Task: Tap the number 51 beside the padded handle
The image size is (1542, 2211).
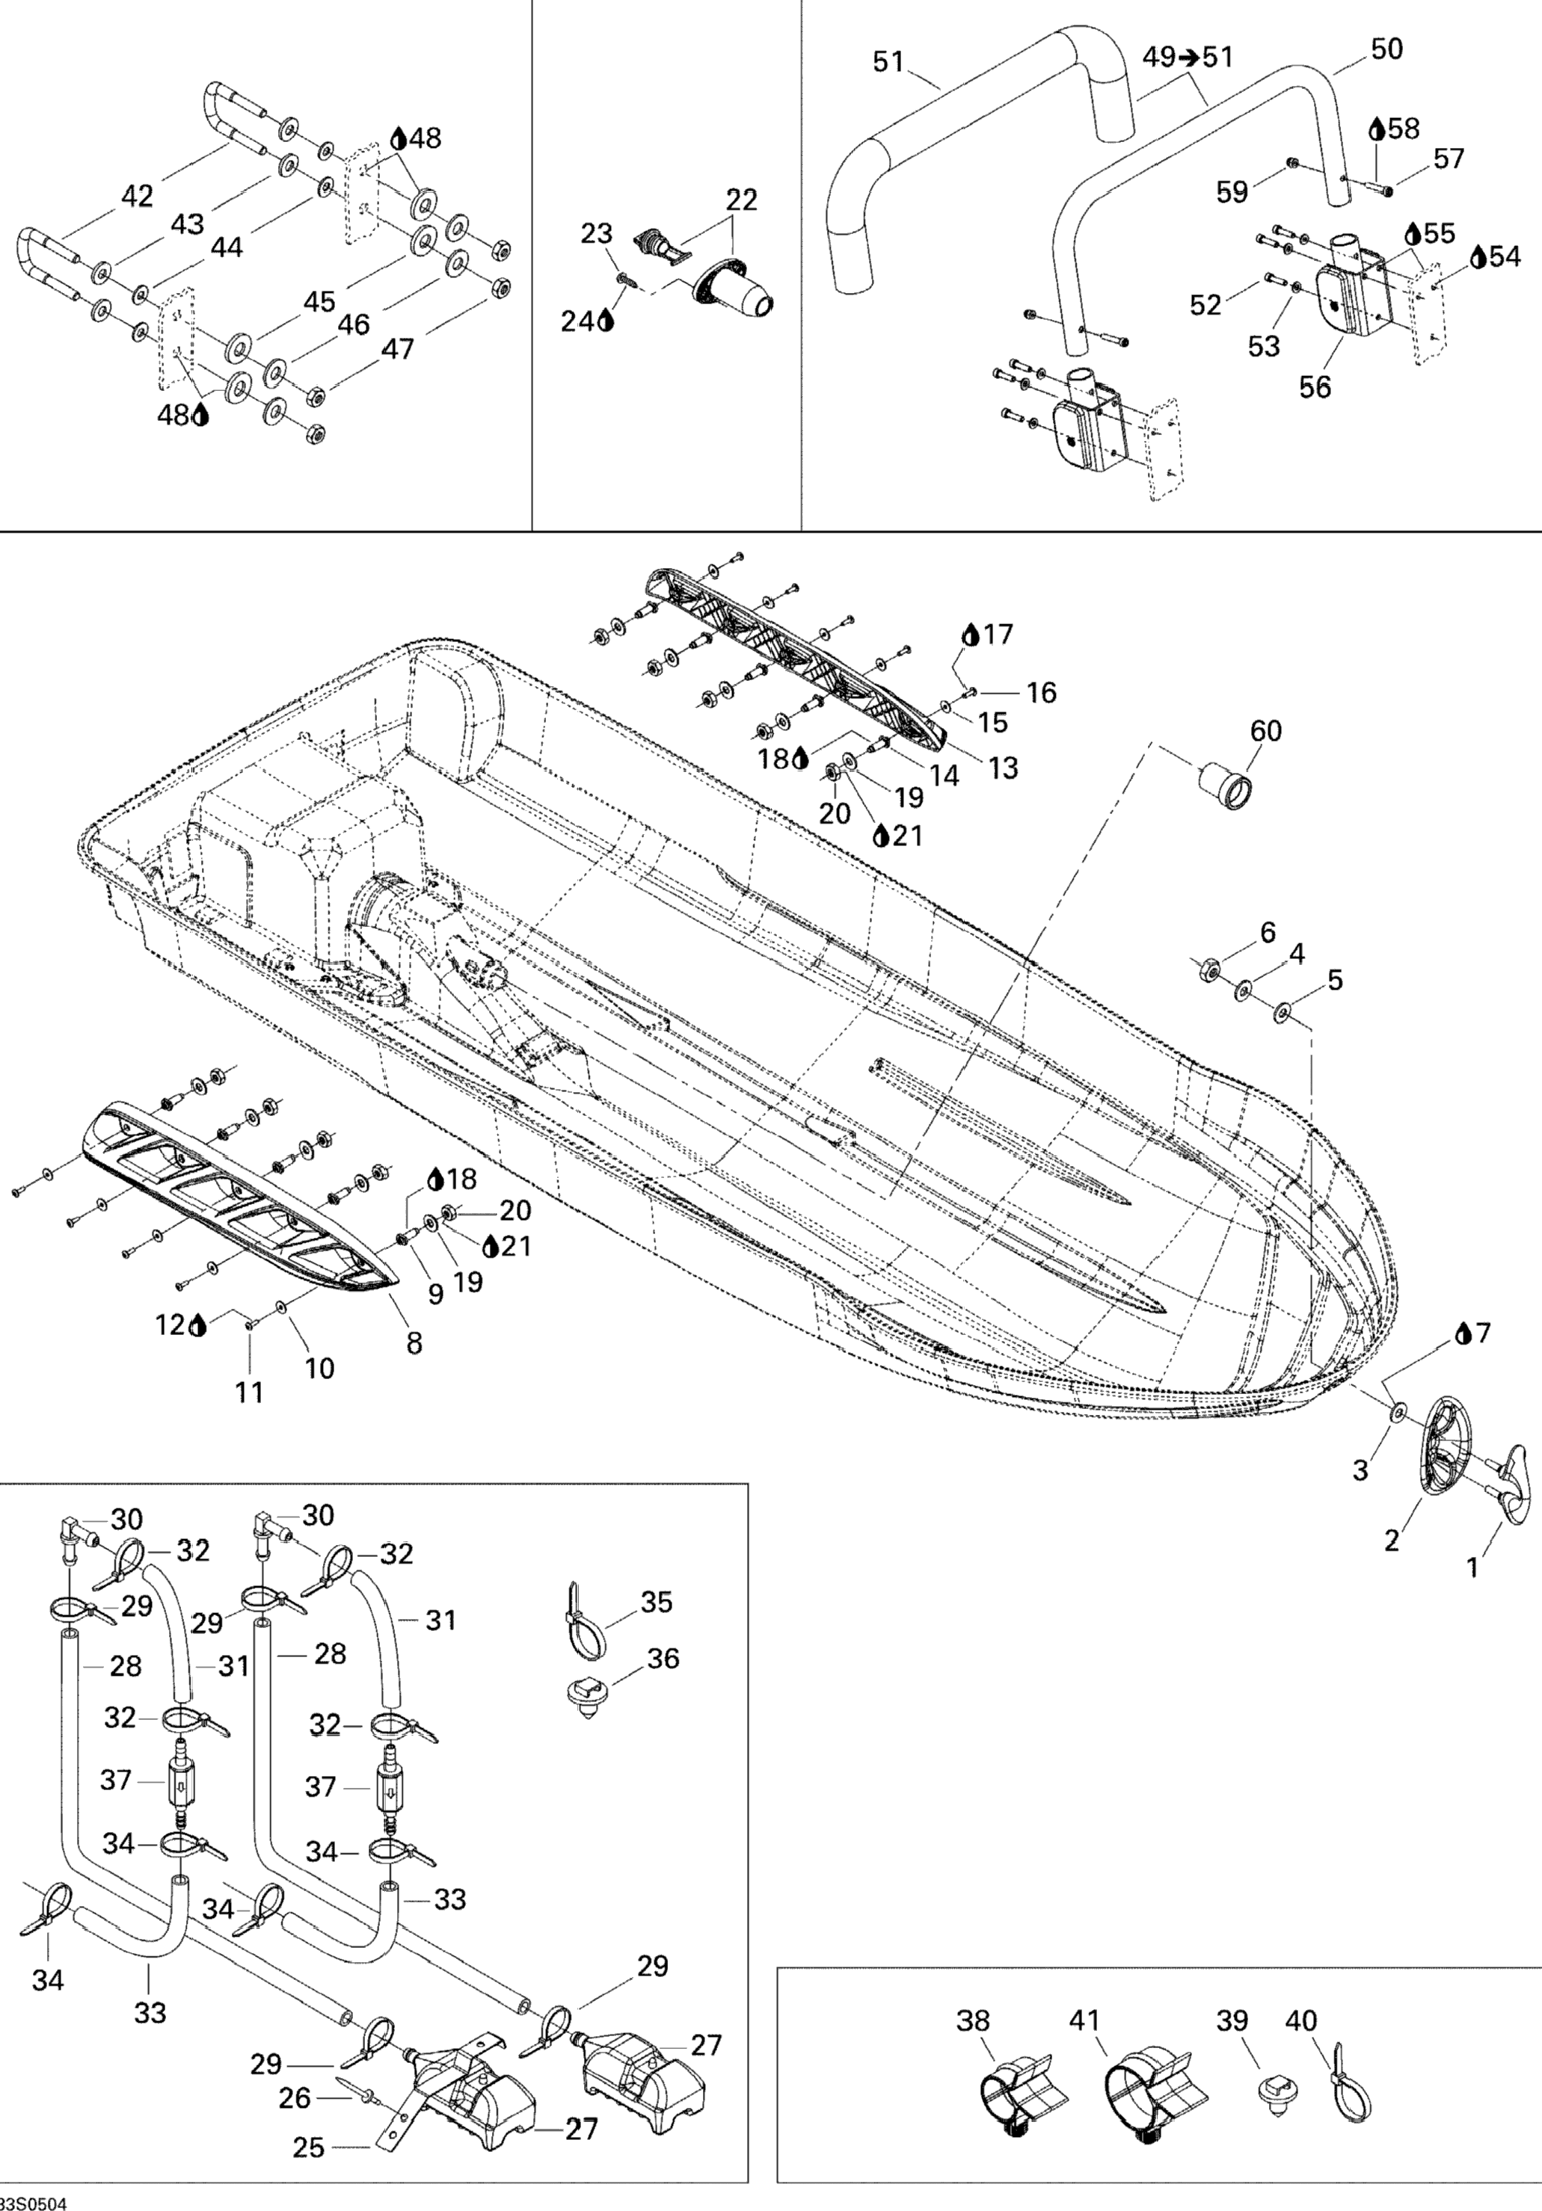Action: pyautogui.click(x=888, y=61)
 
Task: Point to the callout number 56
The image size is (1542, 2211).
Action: pyautogui.click(x=1315, y=387)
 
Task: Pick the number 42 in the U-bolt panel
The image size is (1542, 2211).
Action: pyautogui.click(x=137, y=197)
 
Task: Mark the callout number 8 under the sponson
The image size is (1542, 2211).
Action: pyautogui.click(x=414, y=1342)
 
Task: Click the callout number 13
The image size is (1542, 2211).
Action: pyautogui.click(x=1004, y=768)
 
